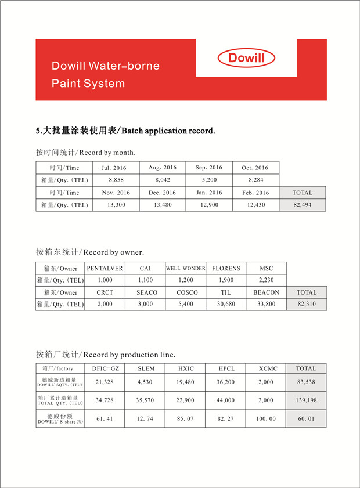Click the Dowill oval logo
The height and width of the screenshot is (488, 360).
pos(246,57)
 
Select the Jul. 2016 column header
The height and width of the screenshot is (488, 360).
pos(114,168)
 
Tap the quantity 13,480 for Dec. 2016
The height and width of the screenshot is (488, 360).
pos(163,205)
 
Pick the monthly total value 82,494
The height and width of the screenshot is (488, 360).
pos(302,205)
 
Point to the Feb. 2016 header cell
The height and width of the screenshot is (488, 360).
pos(255,193)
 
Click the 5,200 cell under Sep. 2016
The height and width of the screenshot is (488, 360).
pos(209,180)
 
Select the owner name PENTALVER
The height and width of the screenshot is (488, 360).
pos(105,268)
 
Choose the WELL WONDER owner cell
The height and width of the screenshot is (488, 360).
pos(186,268)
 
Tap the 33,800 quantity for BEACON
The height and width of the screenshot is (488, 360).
pos(266,304)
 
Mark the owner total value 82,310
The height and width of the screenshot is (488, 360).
pos(307,304)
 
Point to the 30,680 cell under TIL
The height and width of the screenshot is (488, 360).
pos(225,304)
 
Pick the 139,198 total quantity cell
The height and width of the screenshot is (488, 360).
pos(306,400)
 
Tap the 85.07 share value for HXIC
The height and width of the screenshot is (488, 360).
pos(186,418)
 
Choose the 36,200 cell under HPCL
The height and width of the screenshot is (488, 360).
pos(226,382)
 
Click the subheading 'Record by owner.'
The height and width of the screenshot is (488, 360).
pos(91,252)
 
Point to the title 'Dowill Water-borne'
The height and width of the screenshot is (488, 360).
pos(105,66)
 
